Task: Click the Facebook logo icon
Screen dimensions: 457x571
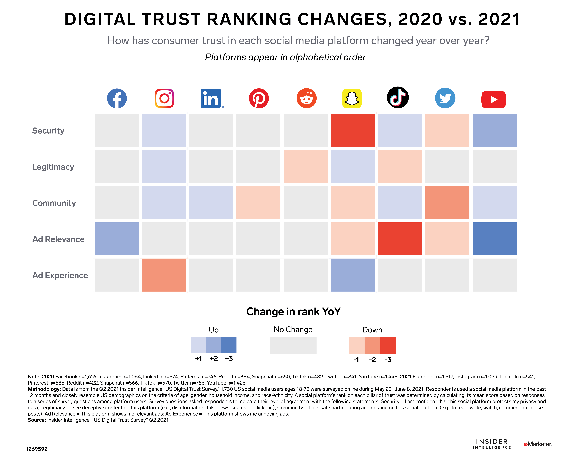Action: [x=117, y=98]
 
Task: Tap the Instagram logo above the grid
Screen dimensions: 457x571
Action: [x=164, y=98]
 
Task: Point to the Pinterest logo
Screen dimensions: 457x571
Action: [x=259, y=98]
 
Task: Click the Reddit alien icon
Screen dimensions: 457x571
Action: [x=306, y=98]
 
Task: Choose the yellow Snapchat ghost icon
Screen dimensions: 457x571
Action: [x=352, y=98]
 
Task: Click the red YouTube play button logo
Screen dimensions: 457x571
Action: [x=493, y=100]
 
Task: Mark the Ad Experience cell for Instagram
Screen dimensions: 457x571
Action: [x=164, y=275]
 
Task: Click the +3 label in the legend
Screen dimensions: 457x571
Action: [x=229, y=358]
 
